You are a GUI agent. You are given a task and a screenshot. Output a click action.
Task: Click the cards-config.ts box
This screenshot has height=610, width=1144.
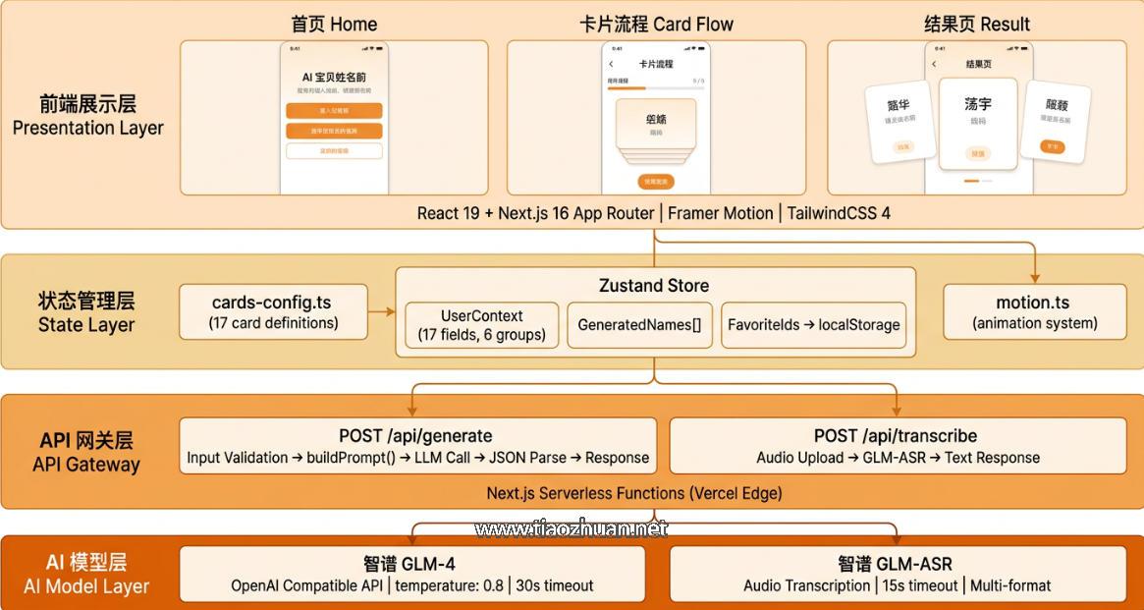click(x=274, y=311)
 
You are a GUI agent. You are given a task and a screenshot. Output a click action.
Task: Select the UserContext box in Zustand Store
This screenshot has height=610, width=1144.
click(x=481, y=324)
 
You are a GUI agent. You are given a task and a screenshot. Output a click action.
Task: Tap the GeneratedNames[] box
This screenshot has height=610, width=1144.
click(x=639, y=324)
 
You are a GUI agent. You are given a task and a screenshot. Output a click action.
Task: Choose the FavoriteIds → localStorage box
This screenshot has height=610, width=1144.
click(x=813, y=324)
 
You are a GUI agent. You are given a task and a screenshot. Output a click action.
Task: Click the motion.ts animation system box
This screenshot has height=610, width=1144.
click(x=1034, y=311)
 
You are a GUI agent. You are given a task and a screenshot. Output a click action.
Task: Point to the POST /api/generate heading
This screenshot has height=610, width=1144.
click(x=415, y=435)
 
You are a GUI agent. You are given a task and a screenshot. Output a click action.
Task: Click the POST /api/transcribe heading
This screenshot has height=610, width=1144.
click(x=896, y=435)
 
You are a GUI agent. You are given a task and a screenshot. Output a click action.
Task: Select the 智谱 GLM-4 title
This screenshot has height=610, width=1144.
click(x=409, y=564)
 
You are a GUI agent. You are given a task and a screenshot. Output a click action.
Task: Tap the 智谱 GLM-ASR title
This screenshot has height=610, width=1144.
click(x=895, y=564)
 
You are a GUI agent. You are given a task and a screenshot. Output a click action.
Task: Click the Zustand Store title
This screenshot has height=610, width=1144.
click(x=654, y=286)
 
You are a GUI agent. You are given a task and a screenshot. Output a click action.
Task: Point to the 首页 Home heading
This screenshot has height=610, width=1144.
click(x=334, y=24)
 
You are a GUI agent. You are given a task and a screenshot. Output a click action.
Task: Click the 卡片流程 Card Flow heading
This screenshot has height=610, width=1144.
click(x=656, y=24)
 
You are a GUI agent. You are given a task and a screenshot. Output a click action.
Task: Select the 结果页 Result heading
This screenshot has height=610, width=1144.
click(x=977, y=24)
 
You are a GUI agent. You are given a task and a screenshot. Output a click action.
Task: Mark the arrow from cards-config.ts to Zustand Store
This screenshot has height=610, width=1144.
click(x=382, y=311)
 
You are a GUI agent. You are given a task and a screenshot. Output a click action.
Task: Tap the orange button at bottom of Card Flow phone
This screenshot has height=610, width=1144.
click(x=655, y=182)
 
